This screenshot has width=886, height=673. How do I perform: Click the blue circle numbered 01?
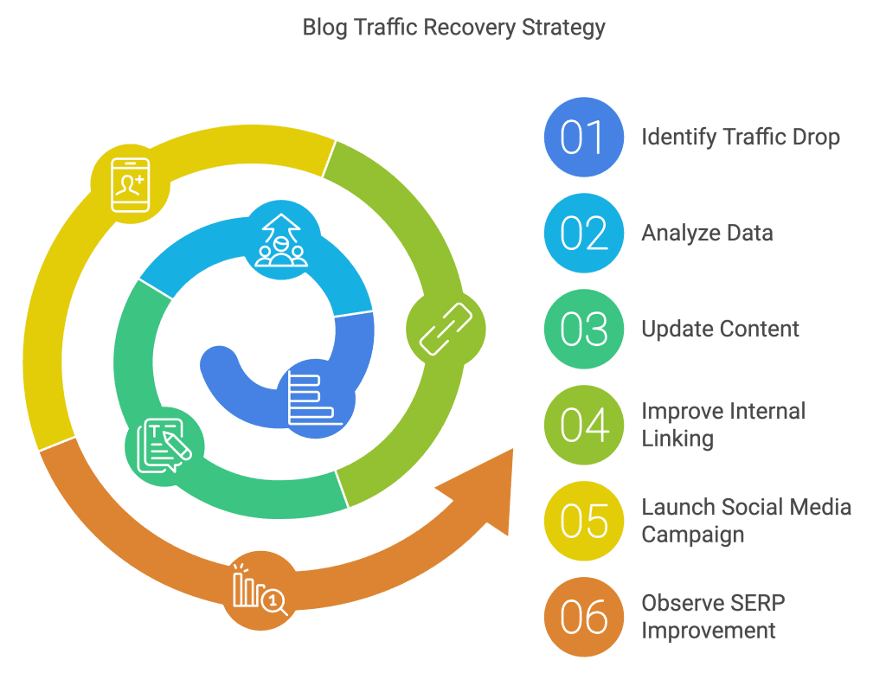point(583,137)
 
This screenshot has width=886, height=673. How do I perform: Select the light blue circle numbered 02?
point(583,233)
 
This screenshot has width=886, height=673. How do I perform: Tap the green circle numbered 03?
point(583,329)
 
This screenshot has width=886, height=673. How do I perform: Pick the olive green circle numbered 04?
point(583,425)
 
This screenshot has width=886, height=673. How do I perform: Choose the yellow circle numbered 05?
point(583,521)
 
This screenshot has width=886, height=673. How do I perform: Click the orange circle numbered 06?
point(583,617)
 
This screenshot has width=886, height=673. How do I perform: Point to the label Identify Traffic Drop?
point(740,137)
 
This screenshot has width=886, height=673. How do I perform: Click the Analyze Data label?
point(707,233)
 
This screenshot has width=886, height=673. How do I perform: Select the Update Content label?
point(720,329)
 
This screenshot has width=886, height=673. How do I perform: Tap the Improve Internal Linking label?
point(723,425)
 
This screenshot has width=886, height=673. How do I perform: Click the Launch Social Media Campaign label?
point(746,521)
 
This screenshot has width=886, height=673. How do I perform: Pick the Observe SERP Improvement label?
point(713,617)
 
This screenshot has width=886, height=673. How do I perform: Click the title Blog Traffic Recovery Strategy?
point(453,28)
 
